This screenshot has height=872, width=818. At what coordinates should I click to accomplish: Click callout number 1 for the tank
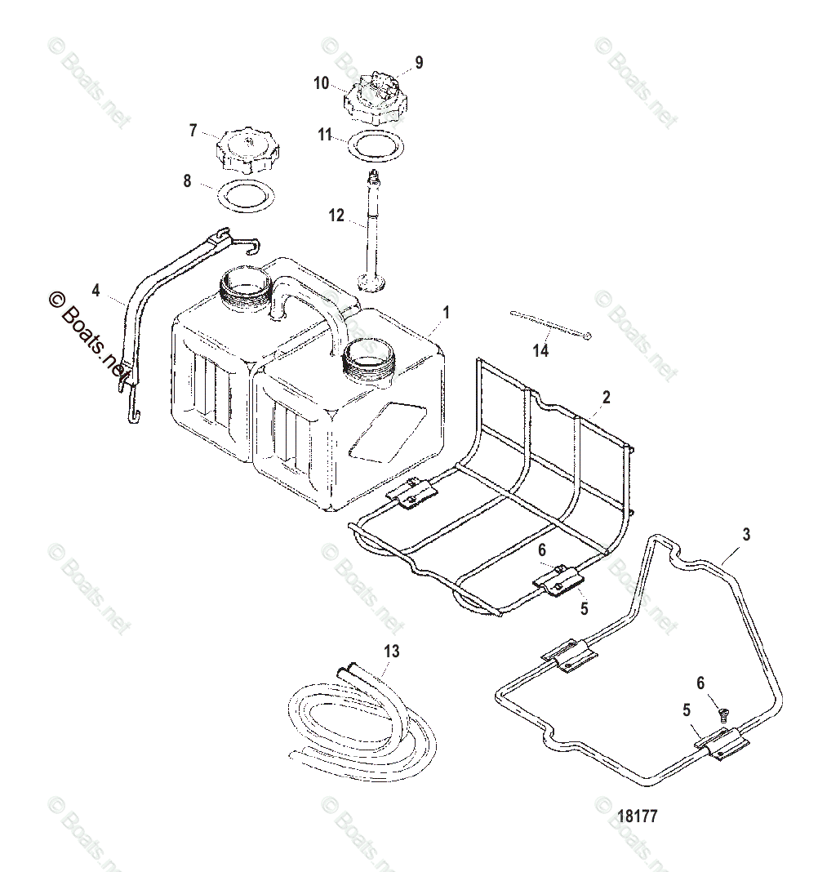click(x=446, y=312)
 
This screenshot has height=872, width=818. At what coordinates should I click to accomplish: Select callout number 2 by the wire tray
click(x=606, y=398)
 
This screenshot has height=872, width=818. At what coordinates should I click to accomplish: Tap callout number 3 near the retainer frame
click(x=746, y=535)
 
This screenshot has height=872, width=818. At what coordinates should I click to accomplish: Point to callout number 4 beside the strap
click(x=96, y=290)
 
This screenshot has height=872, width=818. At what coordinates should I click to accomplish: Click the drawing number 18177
click(x=638, y=816)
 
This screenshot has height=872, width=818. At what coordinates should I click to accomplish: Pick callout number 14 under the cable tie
click(x=540, y=351)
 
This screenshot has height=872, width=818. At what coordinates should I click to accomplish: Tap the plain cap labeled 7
click(x=247, y=149)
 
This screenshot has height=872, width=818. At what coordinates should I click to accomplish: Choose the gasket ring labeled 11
click(x=376, y=147)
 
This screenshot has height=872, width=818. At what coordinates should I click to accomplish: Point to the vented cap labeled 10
click(x=374, y=96)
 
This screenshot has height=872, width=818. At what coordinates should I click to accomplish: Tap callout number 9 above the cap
click(x=419, y=61)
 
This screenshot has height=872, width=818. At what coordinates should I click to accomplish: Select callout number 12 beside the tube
click(x=337, y=216)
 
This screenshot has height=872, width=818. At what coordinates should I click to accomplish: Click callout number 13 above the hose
click(x=392, y=651)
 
